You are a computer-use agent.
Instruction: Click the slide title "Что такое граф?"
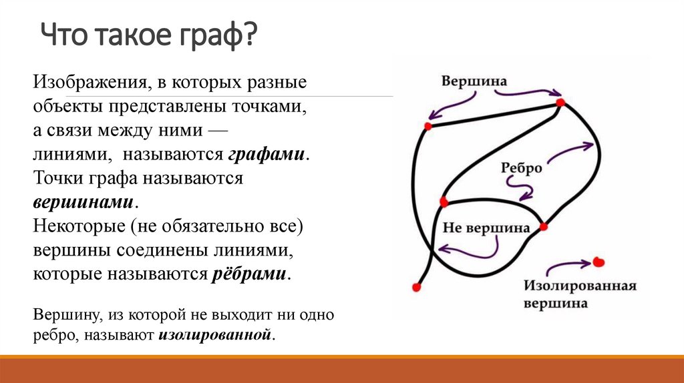point(148,35)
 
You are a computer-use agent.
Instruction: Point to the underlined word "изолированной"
point(216,333)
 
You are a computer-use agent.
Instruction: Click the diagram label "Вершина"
point(474,81)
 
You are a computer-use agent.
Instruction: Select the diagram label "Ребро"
point(521,168)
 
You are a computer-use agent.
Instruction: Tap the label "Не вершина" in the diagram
point(486,228)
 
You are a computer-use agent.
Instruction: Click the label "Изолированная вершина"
point(579,294)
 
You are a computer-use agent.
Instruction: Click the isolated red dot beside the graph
point(599,262)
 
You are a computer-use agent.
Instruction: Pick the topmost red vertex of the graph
point(560,102)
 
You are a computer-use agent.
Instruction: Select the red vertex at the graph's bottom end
point(417,287)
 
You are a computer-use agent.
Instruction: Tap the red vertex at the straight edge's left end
point(427,125)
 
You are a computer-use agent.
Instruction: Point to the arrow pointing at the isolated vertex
point(567,266)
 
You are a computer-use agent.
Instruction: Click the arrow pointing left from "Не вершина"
point(468,249)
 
